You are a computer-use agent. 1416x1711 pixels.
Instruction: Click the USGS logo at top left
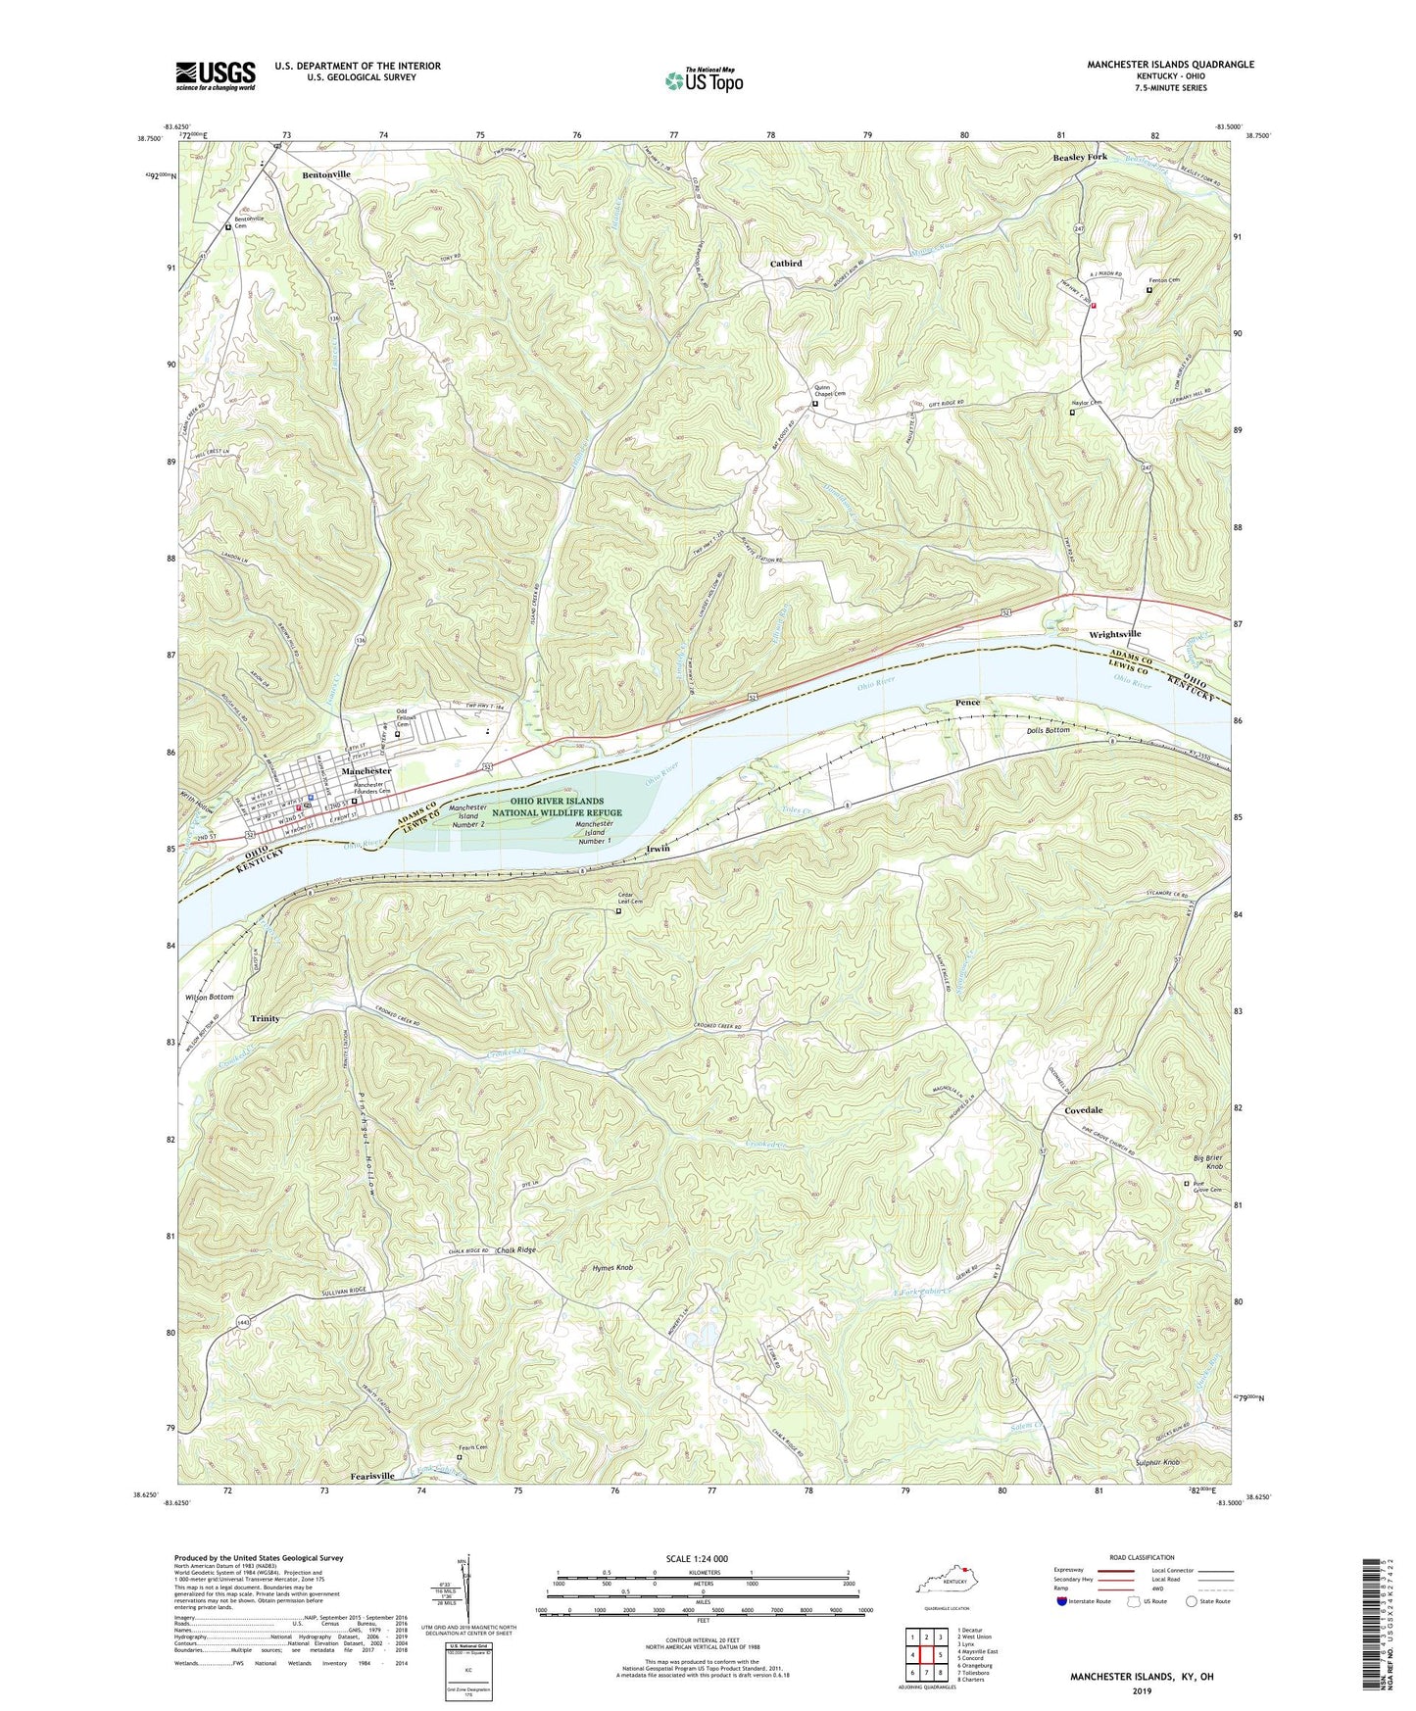point(216,75)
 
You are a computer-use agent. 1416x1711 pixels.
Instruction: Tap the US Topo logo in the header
point(703,79)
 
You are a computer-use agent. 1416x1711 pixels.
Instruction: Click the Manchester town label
point(366,771)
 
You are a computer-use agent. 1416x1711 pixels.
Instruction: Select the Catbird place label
point(785,264)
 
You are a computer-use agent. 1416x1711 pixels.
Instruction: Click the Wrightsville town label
point(1114,635)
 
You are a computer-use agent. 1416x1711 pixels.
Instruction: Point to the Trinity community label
point(265,1018)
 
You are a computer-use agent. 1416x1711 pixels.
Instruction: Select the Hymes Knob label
point(613,1268)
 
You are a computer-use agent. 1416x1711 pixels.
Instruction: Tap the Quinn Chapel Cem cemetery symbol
point(815,402)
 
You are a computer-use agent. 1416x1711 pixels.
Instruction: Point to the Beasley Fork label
point(1080,157)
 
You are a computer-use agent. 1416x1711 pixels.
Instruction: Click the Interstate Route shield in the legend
point(1063,1601)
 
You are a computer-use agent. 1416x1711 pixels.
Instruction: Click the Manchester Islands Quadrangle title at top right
point(1169,65)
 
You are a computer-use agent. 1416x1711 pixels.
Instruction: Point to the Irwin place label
point(658,848)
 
